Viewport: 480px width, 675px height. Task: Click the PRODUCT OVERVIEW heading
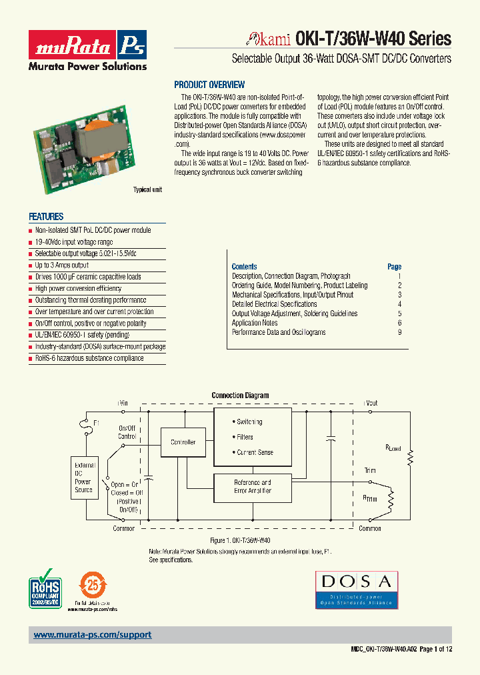[x=209, y=85]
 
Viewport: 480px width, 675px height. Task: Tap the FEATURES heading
[x=46, y=217]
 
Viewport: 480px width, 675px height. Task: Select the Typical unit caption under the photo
[x=147, y=190]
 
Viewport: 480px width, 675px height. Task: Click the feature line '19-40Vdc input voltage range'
[x=74, y=242]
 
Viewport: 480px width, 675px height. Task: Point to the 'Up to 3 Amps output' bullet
[x=62, y=265]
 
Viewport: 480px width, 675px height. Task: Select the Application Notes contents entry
[x=255, y=323]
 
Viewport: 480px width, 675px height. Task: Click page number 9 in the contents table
[x=399, y=332]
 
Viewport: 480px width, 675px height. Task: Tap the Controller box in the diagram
[x=183, y=442]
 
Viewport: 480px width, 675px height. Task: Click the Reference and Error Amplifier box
[x=252, y=486]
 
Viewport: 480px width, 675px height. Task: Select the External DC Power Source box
[x=83, y=478]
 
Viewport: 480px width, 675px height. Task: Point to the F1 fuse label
[x=97, y=424]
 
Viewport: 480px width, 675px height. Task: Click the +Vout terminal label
[x=371, y=403]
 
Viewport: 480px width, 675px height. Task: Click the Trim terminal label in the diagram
[x=370, y=471]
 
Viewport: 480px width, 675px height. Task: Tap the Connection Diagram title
[x=240, y=396]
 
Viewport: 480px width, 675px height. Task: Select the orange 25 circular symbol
[x=92, y=586]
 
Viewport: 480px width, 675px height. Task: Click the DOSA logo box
[x=357, y=589]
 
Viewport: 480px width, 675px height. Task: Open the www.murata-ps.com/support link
[x=93, y=635]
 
